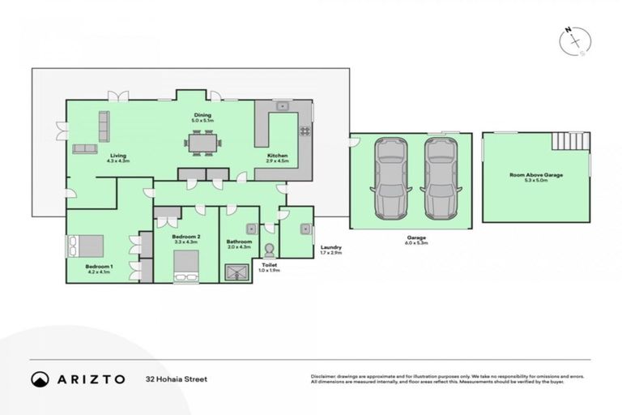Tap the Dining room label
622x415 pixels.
pyautogui.click(x=202, y=118)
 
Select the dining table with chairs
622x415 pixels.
pyautogui.click(x=202, y=143)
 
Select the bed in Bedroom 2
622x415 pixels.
pyautogui.click(x=186, y=265)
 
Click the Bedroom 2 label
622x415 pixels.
pyautogui.click(x=186, y=238)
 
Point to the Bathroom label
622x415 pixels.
pyautogui.click(x=239, y=243)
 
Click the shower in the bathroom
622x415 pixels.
pyautogui.click(x=238, y=272)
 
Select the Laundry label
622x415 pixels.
pyautogui.click(x=330, y=250)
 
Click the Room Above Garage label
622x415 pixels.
pyautogui.click(x=535, y=178)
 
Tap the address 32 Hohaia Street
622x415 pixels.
pyautogui.click(x=177, y=379)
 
